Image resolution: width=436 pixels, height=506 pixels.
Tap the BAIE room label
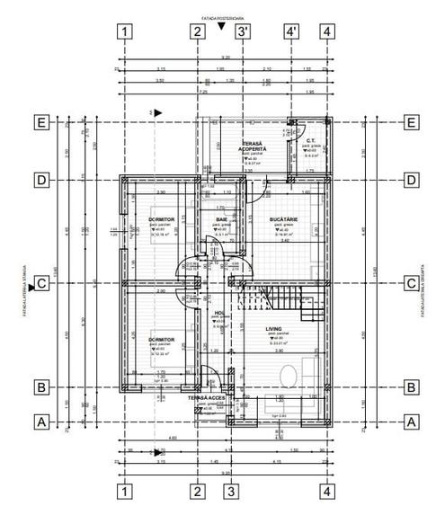(221, 219)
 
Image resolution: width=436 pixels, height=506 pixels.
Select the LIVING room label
(273, 330)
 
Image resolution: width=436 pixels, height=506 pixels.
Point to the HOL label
(218, 314)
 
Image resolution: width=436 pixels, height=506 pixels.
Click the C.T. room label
(308, 140)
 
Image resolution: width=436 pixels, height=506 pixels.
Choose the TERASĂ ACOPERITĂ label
(251, 146)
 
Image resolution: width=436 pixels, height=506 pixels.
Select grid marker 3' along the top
(243, 31)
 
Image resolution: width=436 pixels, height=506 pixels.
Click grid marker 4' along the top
(290, 31)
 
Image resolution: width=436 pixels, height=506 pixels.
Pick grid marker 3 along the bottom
(231, 491)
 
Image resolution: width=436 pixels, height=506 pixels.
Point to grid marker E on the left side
(40, 122)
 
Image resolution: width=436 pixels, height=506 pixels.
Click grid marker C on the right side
(410, 284)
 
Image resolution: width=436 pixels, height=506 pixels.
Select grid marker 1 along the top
(125, 31)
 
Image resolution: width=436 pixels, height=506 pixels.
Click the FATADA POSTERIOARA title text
(224, 17)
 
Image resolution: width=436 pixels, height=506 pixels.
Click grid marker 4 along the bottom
(328, 491)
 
